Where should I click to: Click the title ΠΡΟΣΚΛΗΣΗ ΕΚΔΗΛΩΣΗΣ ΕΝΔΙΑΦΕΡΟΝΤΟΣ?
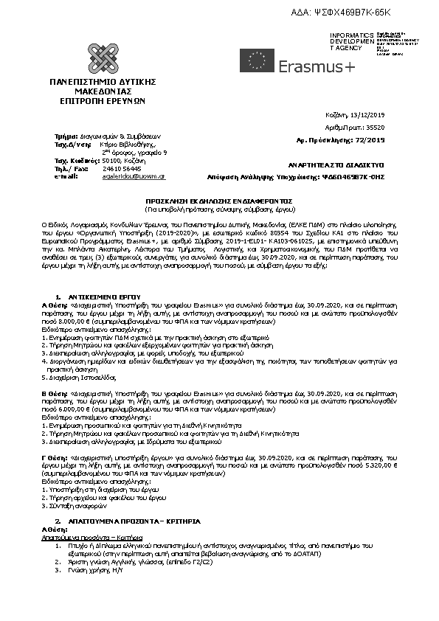point(219,201)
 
